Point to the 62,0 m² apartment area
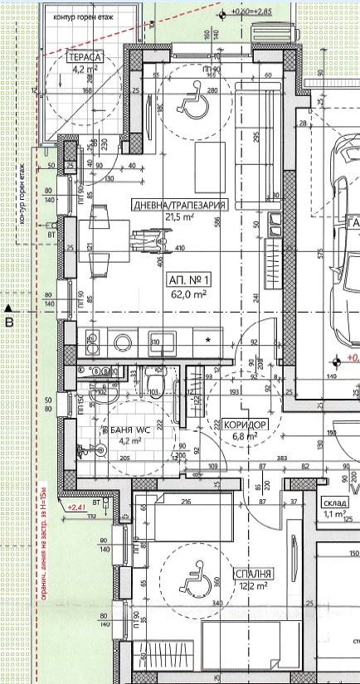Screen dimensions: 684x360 pyautogui.click(x=189, y=293)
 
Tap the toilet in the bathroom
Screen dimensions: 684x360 pyautogui.click(x=153, y=382)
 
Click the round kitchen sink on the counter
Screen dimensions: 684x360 pyautogui.click(x=124, y=341)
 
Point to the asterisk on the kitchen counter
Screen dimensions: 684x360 pyautogui.click(x=208, y=341)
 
